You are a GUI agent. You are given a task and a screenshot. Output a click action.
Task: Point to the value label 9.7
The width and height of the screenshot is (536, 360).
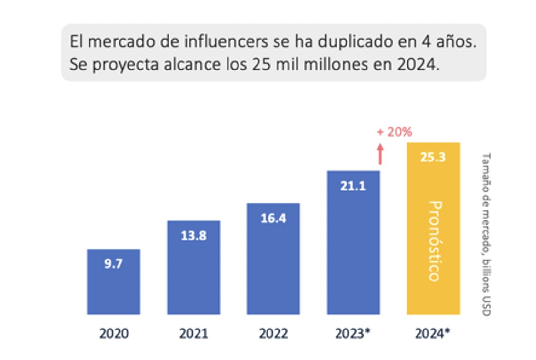[x=113, y=263]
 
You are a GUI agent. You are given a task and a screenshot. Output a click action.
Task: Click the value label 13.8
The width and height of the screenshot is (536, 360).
[x=193, y=235]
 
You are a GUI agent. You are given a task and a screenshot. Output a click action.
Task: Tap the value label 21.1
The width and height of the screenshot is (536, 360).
[x=353, y=186]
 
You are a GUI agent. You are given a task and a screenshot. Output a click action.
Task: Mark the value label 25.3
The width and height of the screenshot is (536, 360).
[x=433, y=157]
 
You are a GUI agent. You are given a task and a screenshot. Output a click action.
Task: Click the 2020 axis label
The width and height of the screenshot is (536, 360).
[x=114, y=333]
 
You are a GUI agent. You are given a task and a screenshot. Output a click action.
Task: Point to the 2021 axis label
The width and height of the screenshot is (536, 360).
[x=193, y=333]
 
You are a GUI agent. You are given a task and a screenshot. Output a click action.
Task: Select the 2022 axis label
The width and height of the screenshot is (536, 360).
[x=273, y=333]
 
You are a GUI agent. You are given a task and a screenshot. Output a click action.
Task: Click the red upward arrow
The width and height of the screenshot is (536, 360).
[x=379, y=153]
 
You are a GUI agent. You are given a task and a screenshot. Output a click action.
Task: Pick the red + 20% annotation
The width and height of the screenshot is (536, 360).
[x=394, y=132]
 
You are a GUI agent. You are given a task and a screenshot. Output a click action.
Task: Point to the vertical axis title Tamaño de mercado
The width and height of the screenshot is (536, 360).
[x=486, y=233]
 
